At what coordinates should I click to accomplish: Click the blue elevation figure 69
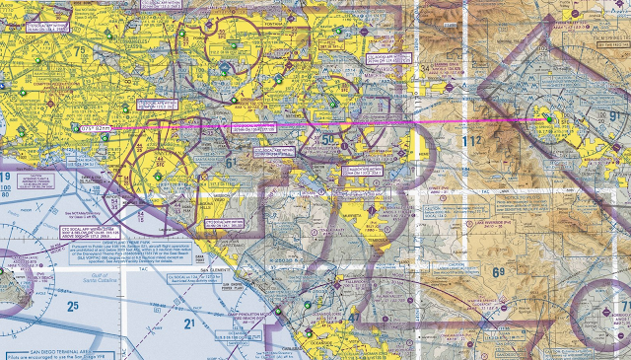coord(498,272)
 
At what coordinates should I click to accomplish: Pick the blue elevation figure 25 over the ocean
coord(71,307)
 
